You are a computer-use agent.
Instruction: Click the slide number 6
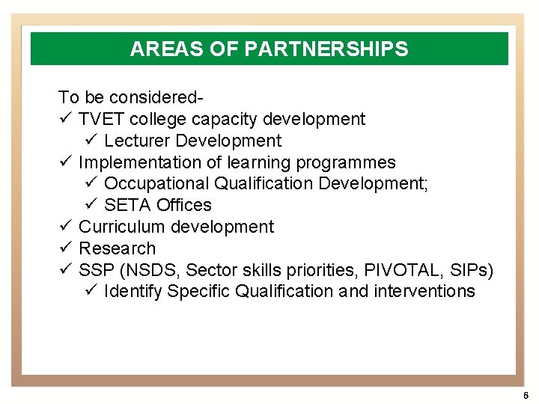click(526, 394)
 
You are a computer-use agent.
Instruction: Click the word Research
click(117, 248)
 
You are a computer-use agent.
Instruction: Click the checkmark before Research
click(64, 248)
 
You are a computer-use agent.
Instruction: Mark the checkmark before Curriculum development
click(64, 227)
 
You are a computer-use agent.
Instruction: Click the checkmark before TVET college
click(64, 119)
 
